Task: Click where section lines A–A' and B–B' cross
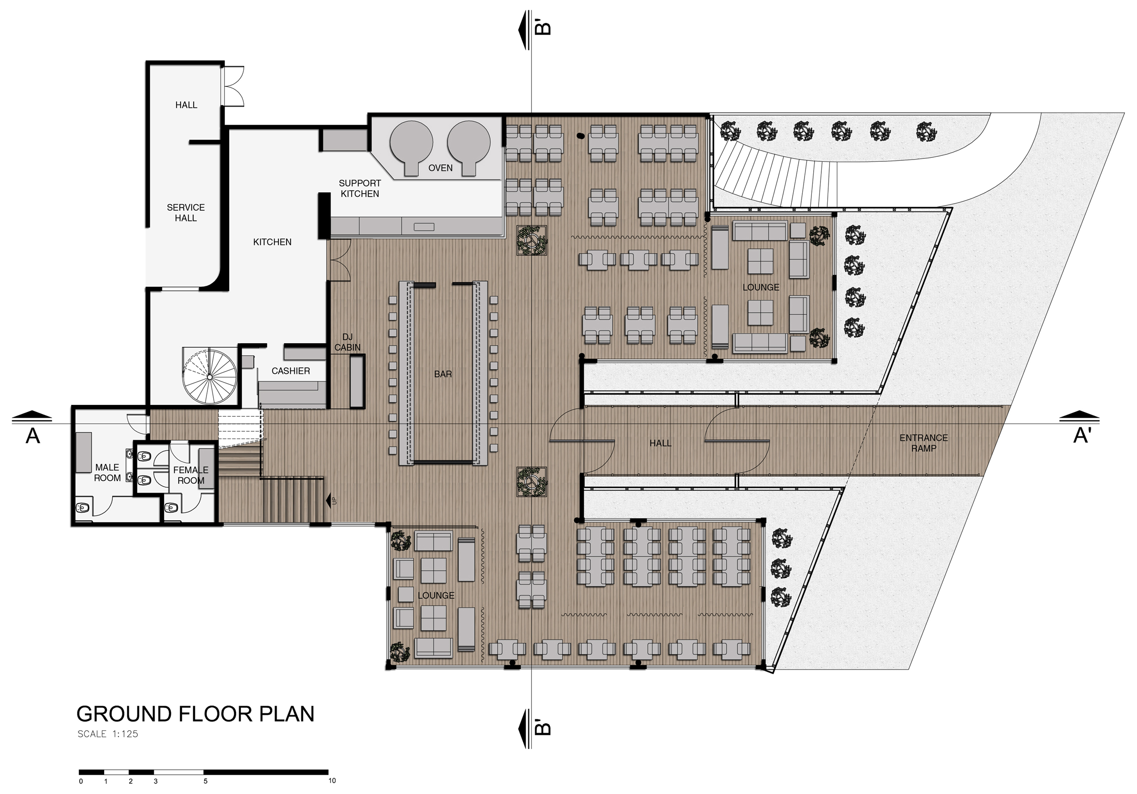[x=531, y=424]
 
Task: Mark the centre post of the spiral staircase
[x=210, y=377]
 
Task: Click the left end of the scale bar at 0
[x=79, y=772]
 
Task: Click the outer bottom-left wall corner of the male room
[x=72, y=525]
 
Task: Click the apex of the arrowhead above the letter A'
[x=1080, y=412]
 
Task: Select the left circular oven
[x=412, y=144]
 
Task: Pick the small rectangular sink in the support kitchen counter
[x=424, y=227]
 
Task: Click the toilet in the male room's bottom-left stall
[x=83, y=507]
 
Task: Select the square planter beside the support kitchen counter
[x=531, y=240]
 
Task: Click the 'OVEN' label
[x=440, y=168]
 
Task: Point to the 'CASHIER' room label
[x=291, y=371]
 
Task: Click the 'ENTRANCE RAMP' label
[x=924, y=443]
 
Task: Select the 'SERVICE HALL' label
[x=186, y=213]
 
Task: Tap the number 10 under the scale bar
[x=332, y=781]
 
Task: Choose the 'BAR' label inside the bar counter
[x=443, y=374]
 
